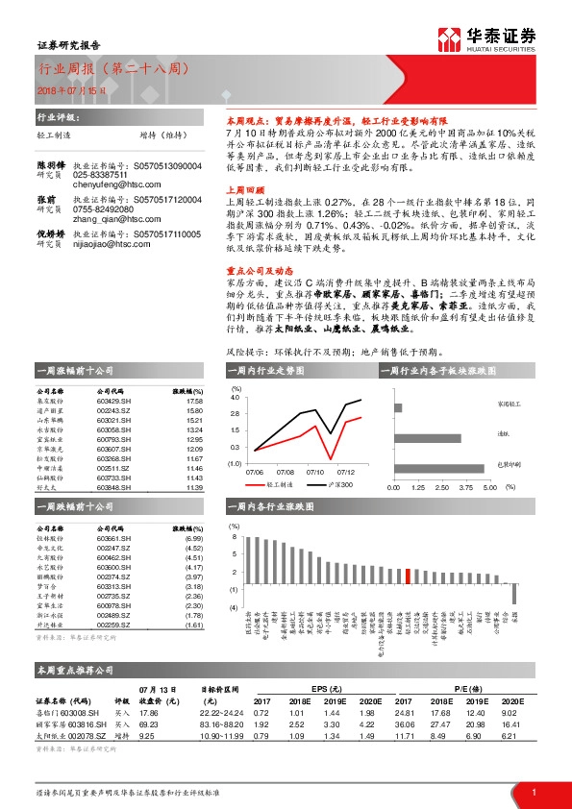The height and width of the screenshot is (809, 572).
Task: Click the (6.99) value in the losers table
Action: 194,538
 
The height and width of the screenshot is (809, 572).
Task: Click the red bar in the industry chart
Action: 410,576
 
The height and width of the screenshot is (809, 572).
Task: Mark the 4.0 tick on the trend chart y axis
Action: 235,396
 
